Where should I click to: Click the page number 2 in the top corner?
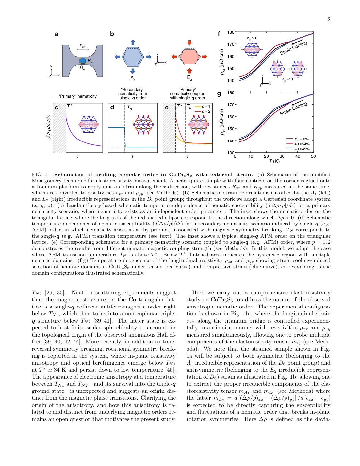(329, 20)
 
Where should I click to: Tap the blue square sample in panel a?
(83, 61)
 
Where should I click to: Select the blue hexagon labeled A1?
(133, 57)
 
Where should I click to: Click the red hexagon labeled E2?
(189, 57)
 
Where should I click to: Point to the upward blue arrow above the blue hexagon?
(133, 42)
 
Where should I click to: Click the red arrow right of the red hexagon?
(204, 57)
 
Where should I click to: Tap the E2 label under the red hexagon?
(189, 78)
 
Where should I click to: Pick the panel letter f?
(219, 34)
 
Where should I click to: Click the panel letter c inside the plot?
(57, 108)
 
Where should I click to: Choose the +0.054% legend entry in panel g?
(302, 144)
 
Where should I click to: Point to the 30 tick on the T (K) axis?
(282, 156)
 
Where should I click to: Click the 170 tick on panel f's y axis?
(231, 44)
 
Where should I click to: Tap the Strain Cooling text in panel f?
(293, 48)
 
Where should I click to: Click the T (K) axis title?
(274, 161)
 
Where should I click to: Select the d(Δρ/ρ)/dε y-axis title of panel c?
(49, 127)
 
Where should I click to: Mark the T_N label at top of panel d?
(130, 107)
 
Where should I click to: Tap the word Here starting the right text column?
(198, 293)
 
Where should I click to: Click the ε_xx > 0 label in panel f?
(252, 38)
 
